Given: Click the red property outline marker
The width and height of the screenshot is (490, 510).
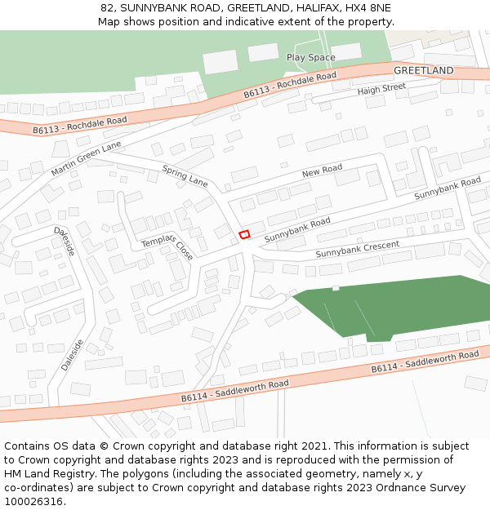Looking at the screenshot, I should point(243,235).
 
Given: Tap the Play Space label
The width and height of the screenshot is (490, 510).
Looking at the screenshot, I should point(310,57).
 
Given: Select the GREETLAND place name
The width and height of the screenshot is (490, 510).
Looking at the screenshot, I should point(423,71).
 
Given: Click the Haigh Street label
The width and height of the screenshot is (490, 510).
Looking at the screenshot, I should point(381,89).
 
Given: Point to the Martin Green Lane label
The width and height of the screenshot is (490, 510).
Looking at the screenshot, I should point(86,158).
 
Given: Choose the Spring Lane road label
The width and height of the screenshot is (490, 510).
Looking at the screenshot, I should point(185,176).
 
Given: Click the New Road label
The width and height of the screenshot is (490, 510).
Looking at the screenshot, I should point(322,171).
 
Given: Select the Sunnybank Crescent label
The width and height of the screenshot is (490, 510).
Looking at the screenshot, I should point(358,250).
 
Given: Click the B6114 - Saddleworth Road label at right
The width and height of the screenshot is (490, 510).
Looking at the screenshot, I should point(425,362).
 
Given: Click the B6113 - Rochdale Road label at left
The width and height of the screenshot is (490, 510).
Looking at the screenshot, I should point(80,125).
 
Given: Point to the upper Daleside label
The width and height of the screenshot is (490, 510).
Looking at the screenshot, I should point(65,242).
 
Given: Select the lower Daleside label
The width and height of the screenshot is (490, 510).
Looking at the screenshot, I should point(72,355).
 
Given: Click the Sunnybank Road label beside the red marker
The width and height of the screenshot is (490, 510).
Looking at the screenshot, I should point(297,228).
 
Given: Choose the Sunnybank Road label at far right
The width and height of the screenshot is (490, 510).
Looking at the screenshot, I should point(448,188).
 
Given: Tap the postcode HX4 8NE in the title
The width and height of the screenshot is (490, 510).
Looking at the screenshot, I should point(367,7).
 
